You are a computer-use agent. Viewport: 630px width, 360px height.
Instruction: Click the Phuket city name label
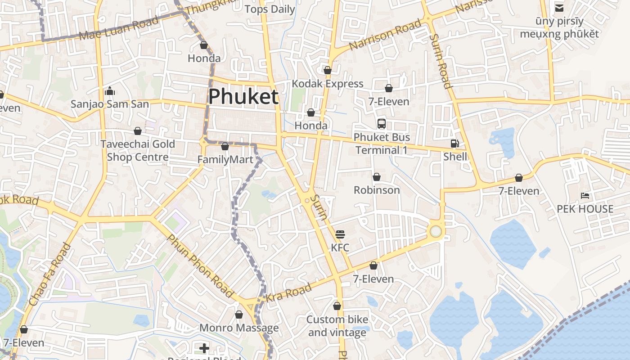pos(243,96)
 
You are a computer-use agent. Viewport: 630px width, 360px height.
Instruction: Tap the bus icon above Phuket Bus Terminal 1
pos(382,124)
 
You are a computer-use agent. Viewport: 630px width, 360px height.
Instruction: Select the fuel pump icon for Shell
pos(455,144)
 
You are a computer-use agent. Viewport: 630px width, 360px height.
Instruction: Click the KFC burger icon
pos(340,234)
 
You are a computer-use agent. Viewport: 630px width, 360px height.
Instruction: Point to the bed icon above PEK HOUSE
pos(585,196)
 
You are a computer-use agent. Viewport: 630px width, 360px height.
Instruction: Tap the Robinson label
pos(377,190)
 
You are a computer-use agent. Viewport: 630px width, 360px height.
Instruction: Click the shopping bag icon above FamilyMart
pos(225,147)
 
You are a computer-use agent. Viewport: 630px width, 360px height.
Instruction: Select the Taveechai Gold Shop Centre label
pos(138,150)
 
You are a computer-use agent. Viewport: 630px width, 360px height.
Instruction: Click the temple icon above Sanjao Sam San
pos(110,91)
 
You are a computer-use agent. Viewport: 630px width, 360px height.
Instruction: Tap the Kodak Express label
pos(328,84)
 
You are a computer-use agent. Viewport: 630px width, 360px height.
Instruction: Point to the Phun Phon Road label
pos(201,265)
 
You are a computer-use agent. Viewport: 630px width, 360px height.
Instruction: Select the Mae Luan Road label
pos(119,28)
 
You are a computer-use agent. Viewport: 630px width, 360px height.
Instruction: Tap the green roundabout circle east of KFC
pos(436,231)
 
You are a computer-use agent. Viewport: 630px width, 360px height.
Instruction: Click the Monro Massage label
pos(239,328)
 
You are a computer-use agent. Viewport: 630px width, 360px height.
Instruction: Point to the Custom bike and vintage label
pos(337,326)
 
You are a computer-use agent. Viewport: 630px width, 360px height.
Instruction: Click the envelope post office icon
pos(559,8)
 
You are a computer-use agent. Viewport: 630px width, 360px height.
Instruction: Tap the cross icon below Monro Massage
pos(204,348)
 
